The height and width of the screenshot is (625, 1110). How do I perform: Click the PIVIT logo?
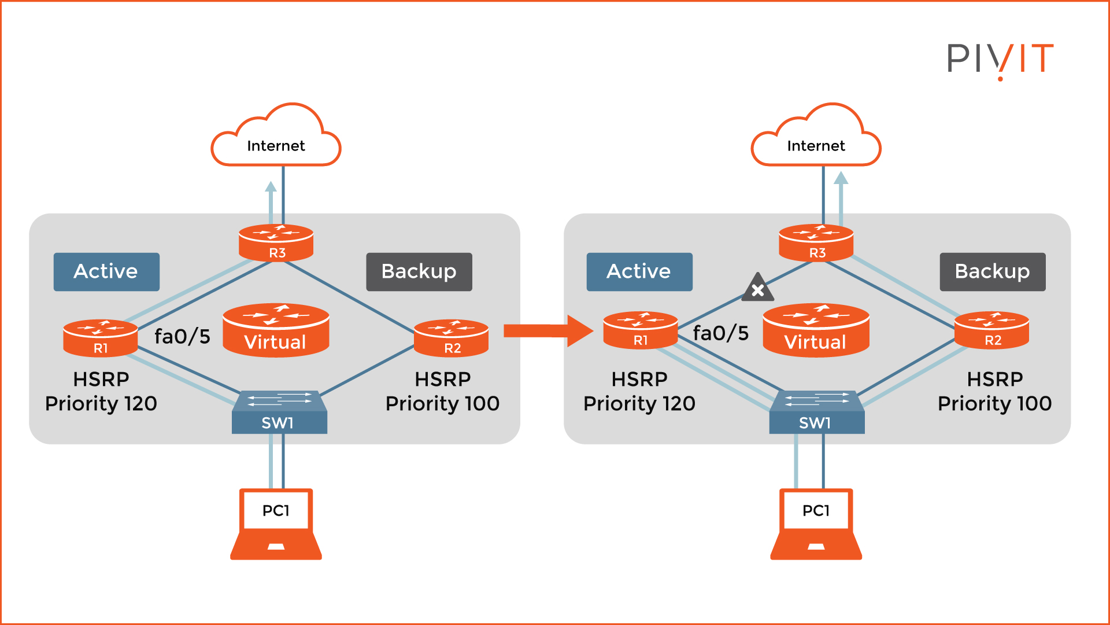click(x=1000, y=59)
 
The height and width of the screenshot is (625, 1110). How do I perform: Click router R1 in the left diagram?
click(x=100, y=338)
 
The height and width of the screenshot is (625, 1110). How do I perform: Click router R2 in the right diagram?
click(x=991, y=330)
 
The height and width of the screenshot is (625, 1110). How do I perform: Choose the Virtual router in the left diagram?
click(x=276, y=330)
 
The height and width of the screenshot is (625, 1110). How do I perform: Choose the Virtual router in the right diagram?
click(x=816, y=330)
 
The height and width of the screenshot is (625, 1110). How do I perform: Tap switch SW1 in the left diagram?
click(x=279, y=413)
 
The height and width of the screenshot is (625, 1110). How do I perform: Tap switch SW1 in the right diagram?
click(x=816, y=413)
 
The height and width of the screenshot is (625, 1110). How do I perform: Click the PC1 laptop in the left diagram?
click(x=276, y=524)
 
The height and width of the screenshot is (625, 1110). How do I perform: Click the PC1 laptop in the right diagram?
click(x=816, y=524)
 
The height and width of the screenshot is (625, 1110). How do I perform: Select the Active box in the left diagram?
click(x=106, y=271)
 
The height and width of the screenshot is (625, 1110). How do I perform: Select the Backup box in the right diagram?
click(x=992, y=271)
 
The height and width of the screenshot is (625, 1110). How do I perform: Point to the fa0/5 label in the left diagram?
click(x=182, y=336)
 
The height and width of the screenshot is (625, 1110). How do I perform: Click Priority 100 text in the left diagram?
click(x=442, y=403)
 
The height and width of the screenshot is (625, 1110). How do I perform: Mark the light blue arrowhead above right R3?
click(x=841, y=179)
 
